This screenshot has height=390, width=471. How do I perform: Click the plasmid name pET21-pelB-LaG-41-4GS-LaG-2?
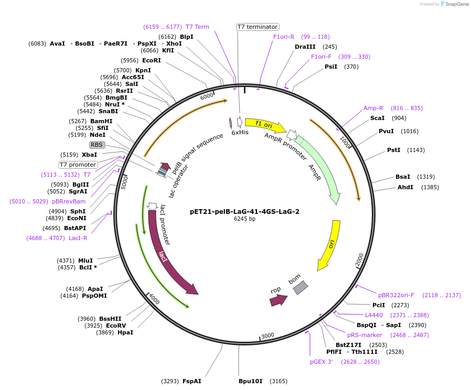[244, 212]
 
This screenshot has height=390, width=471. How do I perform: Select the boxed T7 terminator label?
[258, 27]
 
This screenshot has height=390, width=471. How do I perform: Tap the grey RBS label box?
[97, 145]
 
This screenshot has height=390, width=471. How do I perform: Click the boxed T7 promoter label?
[78, 165]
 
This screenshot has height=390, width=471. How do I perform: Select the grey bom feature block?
[299, 287]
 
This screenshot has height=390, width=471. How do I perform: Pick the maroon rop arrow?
[278, 300]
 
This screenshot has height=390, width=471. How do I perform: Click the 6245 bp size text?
[244, 219]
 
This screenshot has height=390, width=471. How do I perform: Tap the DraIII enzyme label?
[305, 47]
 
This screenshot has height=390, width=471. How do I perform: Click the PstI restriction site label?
[393, 150]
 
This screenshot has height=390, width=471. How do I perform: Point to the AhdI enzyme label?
[405, 187]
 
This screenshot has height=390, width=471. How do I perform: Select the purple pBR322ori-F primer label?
[396, 295]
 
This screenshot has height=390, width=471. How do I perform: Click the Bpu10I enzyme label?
[250, 381]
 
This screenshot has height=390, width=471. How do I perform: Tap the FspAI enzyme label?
[191, 381]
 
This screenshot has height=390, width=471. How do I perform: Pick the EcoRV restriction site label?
[116, 326]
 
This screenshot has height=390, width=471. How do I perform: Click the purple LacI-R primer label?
[78, 238]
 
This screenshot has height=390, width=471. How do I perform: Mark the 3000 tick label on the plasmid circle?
[267, 335]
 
